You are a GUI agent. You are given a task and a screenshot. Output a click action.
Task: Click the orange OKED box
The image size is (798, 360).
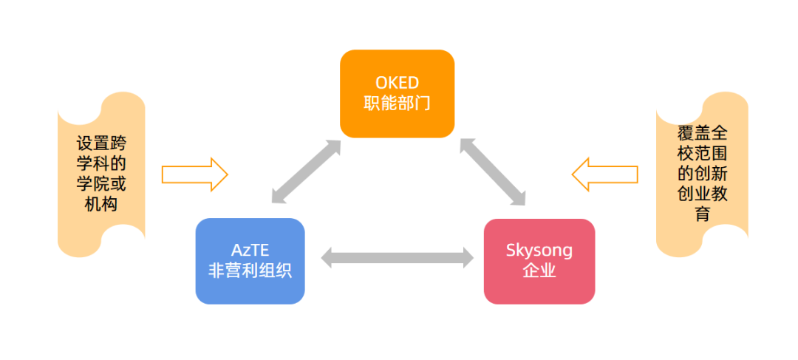tap(397, 93)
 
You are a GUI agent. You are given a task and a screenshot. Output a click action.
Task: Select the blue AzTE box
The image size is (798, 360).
tap(250, 260)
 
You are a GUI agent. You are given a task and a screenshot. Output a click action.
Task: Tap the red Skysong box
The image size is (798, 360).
tap(539, 261)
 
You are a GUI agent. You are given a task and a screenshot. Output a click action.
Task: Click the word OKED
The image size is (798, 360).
tap(397, 82)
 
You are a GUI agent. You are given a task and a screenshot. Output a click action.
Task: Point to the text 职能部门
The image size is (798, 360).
tap(397, 103)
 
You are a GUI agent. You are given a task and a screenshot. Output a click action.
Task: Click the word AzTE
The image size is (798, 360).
tap(250, 250)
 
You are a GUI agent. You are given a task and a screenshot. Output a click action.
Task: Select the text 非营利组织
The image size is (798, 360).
tap(250, 271)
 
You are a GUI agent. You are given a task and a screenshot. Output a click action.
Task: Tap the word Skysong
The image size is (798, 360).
tap(539, 251)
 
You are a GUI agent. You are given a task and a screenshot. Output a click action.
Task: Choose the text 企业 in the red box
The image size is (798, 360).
tap(539, 271)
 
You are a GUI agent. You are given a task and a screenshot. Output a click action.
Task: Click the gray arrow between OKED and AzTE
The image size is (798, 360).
tap(306, 171)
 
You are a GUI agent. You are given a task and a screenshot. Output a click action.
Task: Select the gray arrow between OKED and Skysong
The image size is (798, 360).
tap(492, 171)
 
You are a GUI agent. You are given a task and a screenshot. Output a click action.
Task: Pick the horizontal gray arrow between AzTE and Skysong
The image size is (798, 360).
tap(397, 258)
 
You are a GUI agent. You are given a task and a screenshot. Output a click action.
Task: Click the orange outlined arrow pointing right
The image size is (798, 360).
tap(194, 174)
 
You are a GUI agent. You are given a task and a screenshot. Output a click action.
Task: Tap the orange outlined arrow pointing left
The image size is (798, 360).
tap(604, 174)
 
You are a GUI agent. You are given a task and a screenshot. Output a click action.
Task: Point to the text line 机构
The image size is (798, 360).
tap(101, 204)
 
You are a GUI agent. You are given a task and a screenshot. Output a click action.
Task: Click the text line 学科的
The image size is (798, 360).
tap(101, 163)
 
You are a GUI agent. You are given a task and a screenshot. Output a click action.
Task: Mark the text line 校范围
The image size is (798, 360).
tap(701, 154)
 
